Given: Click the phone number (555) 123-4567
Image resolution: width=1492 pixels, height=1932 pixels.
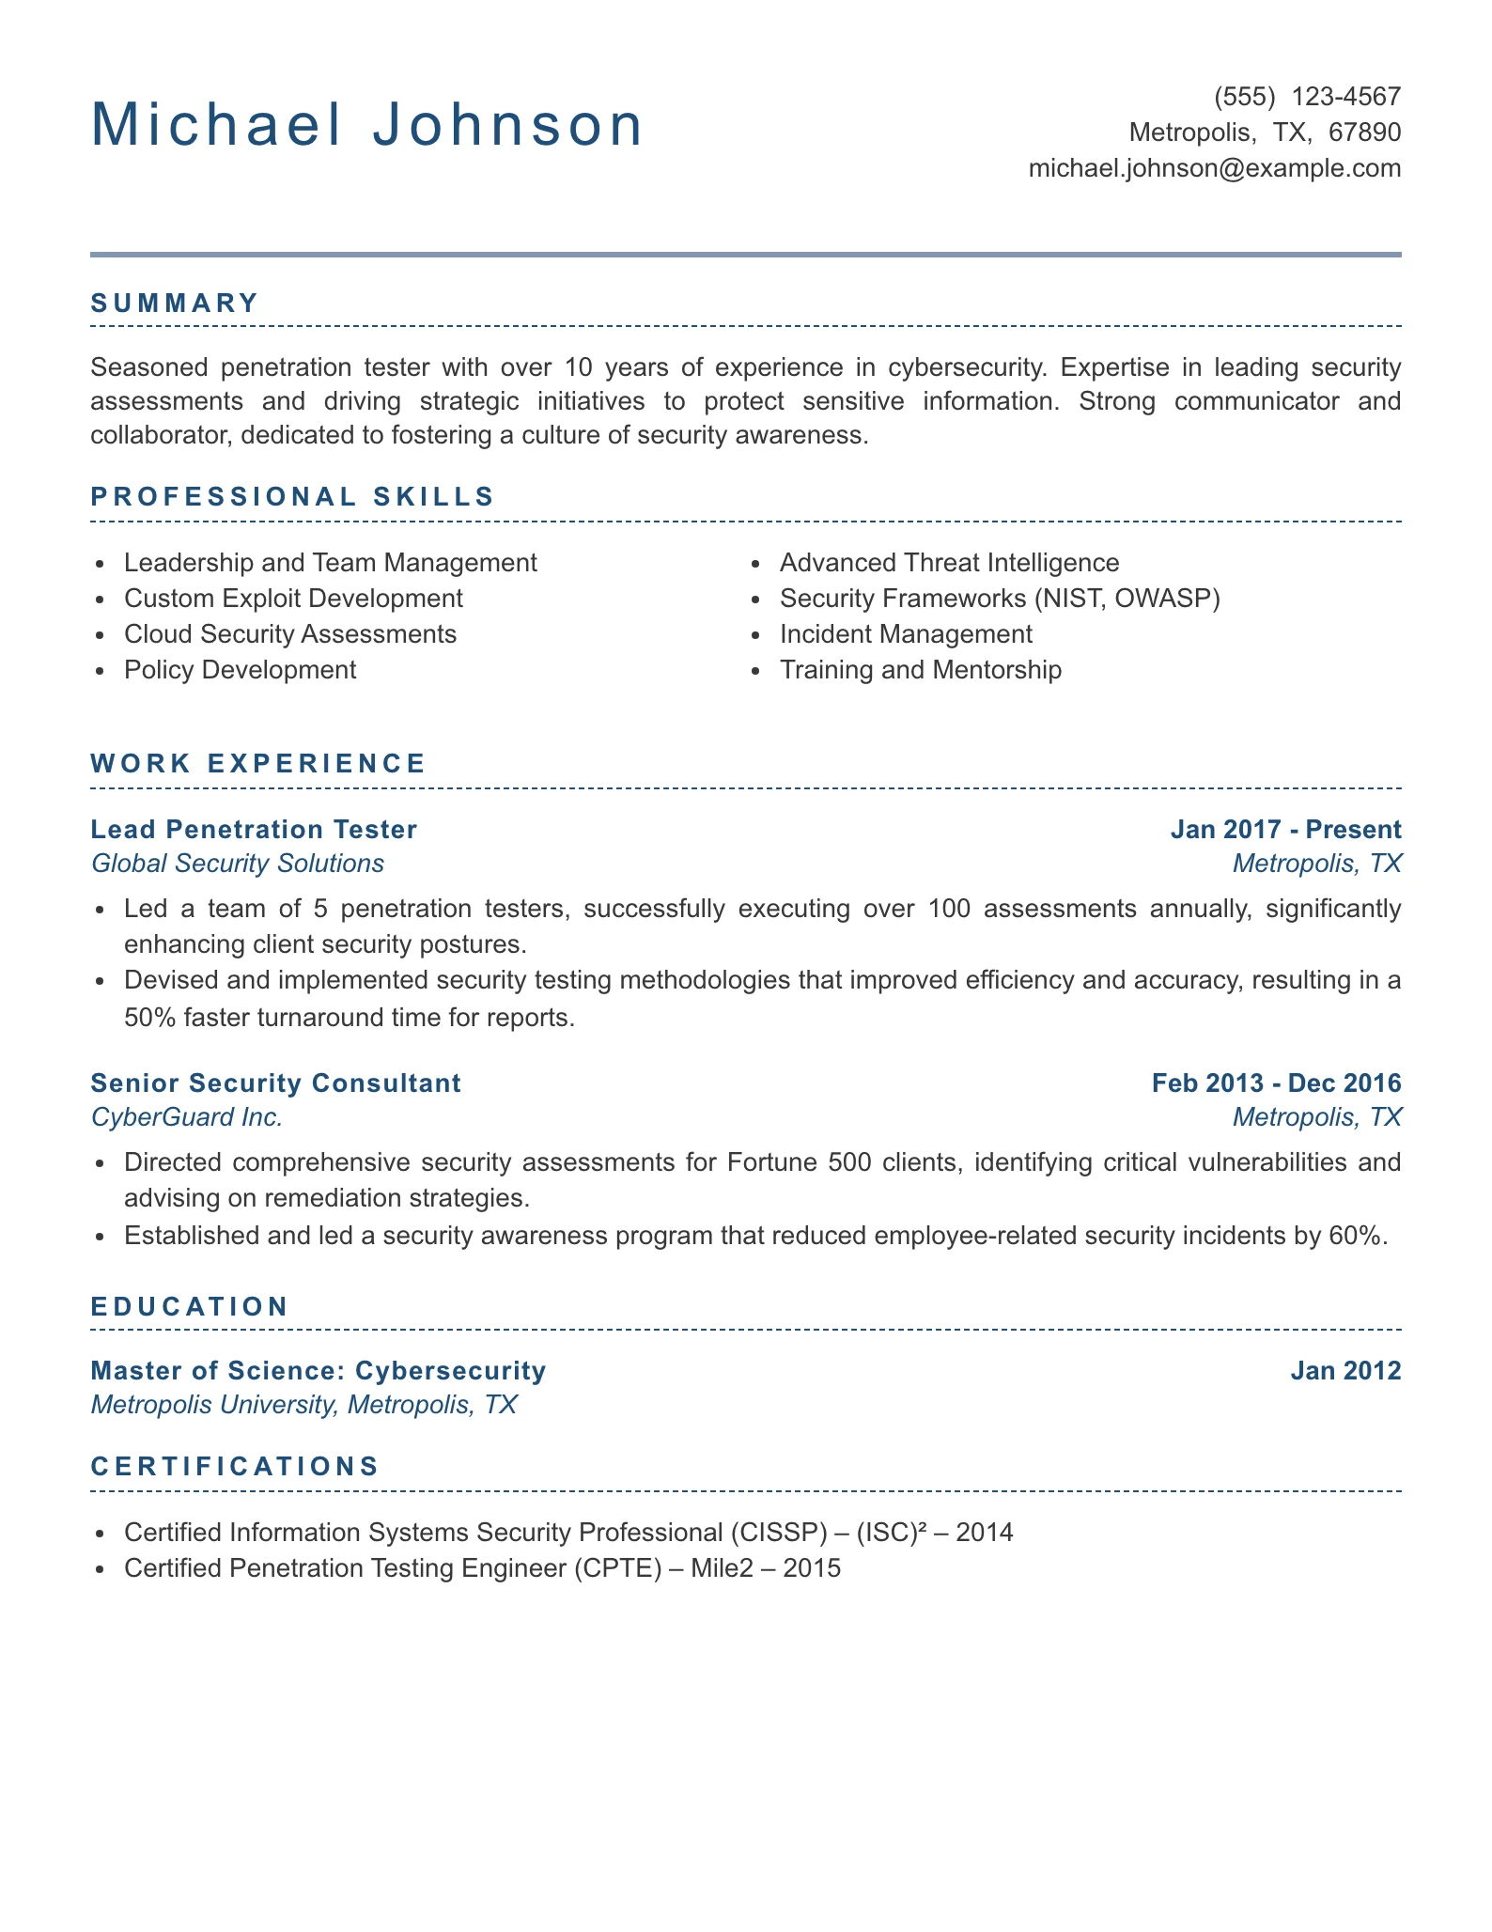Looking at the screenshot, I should [x=1307, y=97].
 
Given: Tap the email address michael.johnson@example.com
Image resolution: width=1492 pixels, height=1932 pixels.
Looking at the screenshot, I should [x=1214, y=168].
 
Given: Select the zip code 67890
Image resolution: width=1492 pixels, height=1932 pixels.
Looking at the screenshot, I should [x=1364, y=132].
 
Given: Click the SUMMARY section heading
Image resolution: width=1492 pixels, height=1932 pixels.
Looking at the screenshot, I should [x=175, y=303].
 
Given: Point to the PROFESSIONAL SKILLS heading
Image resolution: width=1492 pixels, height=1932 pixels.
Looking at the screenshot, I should [x=292, y=496].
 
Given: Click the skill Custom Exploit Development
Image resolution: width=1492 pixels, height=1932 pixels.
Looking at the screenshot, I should [x=293, y=599].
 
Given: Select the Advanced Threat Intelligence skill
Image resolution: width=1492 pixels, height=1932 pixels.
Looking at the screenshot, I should [x=949, y=563].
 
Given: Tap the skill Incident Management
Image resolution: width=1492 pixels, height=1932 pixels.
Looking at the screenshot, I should [x=906, y=634].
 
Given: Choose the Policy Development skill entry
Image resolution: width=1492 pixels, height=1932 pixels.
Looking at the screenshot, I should [x=240, y=670].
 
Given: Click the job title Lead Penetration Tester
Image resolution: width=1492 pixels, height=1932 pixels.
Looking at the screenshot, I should [x=254, y=829].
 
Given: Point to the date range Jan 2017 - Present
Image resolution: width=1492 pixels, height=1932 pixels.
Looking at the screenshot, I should [x=1285, y=829].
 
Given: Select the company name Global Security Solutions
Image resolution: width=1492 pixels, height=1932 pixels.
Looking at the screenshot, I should [x=238, y=864].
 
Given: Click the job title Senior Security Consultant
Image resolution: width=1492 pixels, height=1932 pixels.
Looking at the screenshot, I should [x=275, y=1083].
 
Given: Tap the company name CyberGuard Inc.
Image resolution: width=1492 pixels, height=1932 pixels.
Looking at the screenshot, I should [x=187, y=1117].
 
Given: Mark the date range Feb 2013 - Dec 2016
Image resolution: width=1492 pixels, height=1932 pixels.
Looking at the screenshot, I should [x=1276, y=1083].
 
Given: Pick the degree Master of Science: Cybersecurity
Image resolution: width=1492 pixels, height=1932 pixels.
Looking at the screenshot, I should [x=319, y=1370].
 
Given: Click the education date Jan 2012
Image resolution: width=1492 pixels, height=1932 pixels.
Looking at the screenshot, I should [x=1345, y=1370].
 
